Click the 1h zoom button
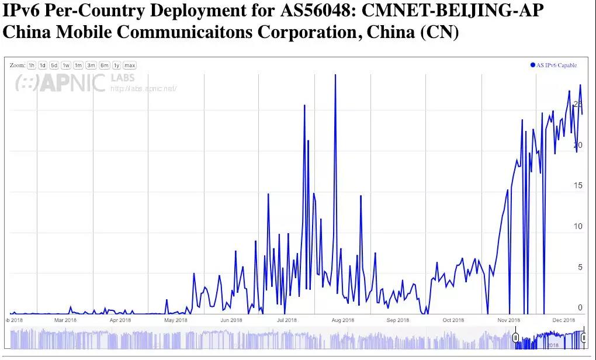(x=32, y=65)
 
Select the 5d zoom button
(x=54, y=65)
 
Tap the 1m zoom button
(x=78, y=65)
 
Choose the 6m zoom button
(x=105, y=65)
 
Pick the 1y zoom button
(x=117, y=65)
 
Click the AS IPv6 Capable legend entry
(x=553, y=65)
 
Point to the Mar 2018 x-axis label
(x=65, y=320)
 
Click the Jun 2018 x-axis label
(x=231, y=320)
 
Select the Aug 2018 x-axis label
(x=343, y=320)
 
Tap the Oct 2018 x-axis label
(x=453, y=320)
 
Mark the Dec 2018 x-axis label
(x=564, y=320)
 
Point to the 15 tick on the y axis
(x=578, y=186)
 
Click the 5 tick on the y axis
(x=580, y=268)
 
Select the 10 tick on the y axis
(x=578, y=227)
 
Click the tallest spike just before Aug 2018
(x=335, y=76)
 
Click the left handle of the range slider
(x=515, y=338)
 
